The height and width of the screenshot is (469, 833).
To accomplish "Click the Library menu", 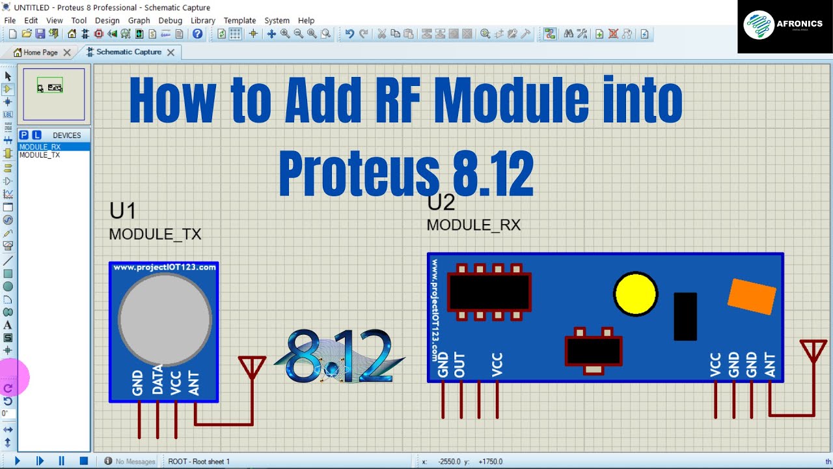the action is (202, 20).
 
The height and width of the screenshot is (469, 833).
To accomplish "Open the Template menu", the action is (239, 20).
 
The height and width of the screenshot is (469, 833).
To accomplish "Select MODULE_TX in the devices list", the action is (40, 155).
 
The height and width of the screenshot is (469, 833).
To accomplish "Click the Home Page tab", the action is (40, 53).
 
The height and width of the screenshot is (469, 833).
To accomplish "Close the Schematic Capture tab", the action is (171, 53).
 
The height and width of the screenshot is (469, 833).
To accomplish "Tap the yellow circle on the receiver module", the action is (636, 294).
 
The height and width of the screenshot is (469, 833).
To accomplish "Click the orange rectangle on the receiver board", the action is (752, 296).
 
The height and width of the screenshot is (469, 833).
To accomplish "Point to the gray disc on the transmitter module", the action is (165, 319).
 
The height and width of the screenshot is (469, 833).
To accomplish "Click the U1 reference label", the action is (122, 210).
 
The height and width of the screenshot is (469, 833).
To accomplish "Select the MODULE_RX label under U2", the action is (473, 225).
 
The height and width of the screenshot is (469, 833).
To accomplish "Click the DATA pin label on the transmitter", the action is (157, 379).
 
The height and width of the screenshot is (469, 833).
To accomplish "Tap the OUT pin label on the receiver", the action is (459, 365).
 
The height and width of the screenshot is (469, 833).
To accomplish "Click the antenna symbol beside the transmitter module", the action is (252, 368).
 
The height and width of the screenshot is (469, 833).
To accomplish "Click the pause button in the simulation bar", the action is (62, 461).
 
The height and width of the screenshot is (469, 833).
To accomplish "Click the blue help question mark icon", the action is (197, 34).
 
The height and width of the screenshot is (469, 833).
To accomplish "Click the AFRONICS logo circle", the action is (759, 25).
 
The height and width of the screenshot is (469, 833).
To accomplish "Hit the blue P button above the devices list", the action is (24, 135).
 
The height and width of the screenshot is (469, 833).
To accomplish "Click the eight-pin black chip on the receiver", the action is (489, 292).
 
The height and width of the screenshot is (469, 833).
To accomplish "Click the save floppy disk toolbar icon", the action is (40, 34).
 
